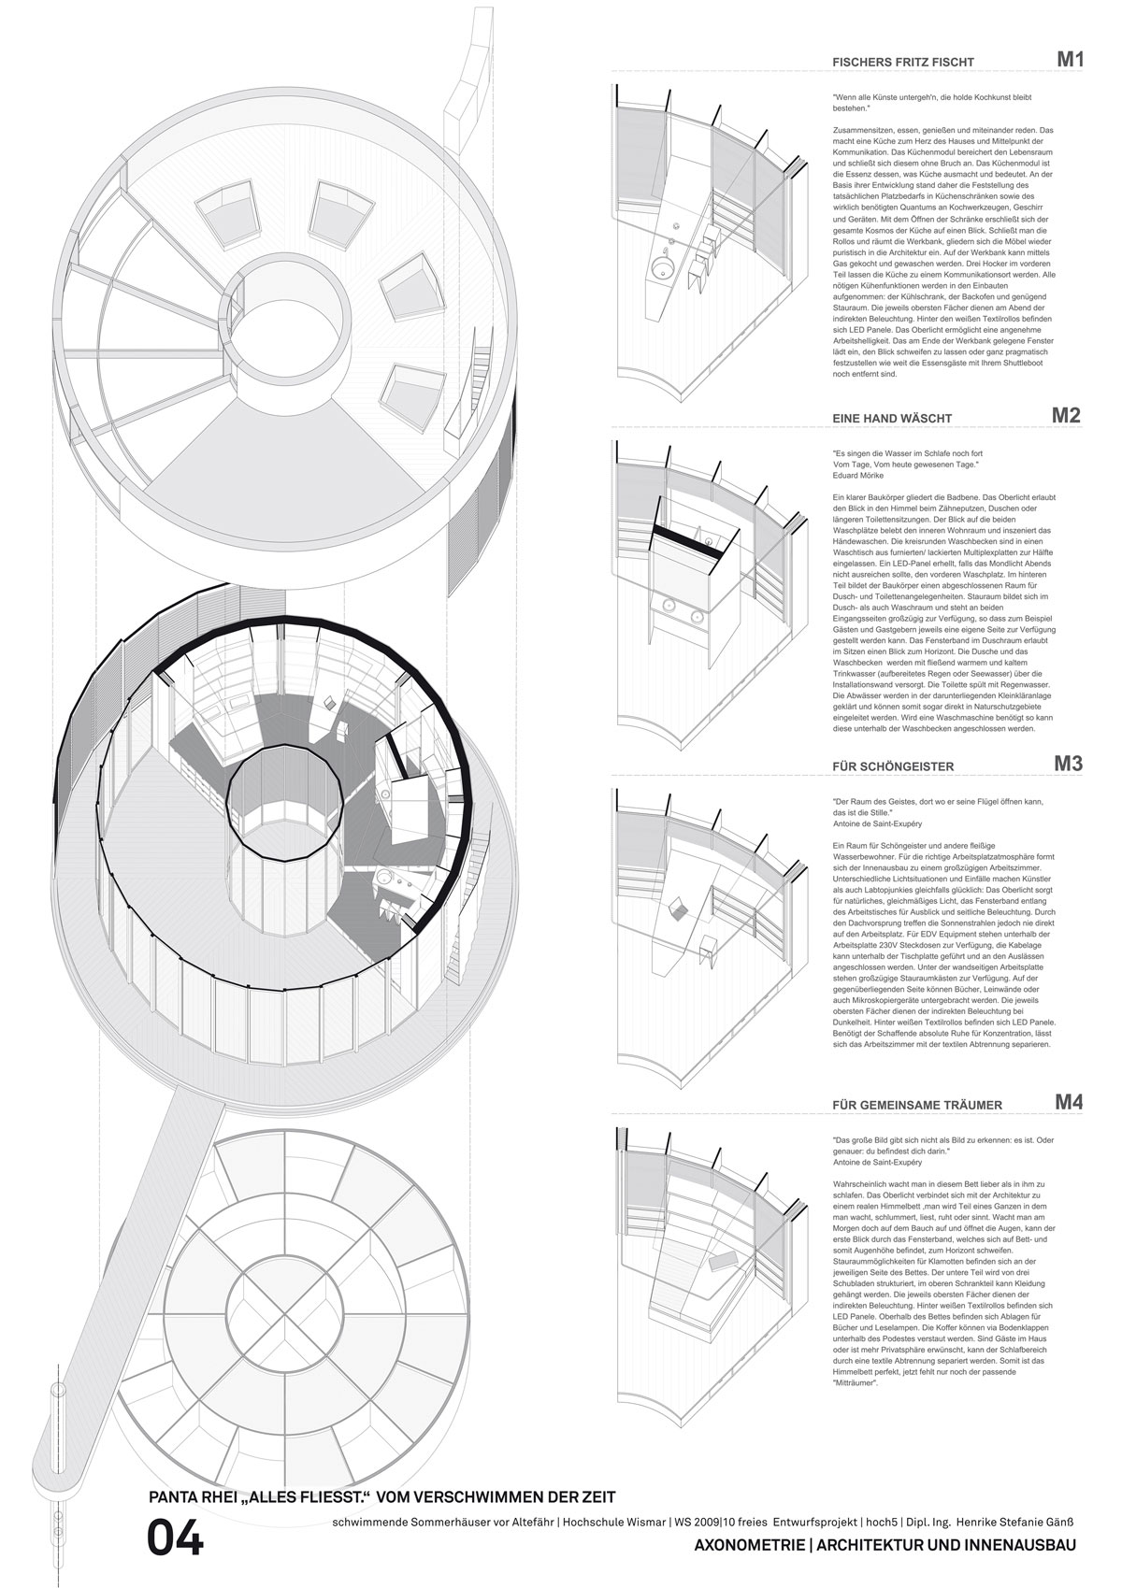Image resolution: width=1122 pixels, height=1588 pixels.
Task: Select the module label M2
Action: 1066,416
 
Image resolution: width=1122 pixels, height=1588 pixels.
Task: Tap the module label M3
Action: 1068,763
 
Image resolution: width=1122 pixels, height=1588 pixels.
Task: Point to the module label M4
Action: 1068,1102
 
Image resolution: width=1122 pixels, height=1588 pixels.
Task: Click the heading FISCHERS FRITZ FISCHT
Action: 890,63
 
